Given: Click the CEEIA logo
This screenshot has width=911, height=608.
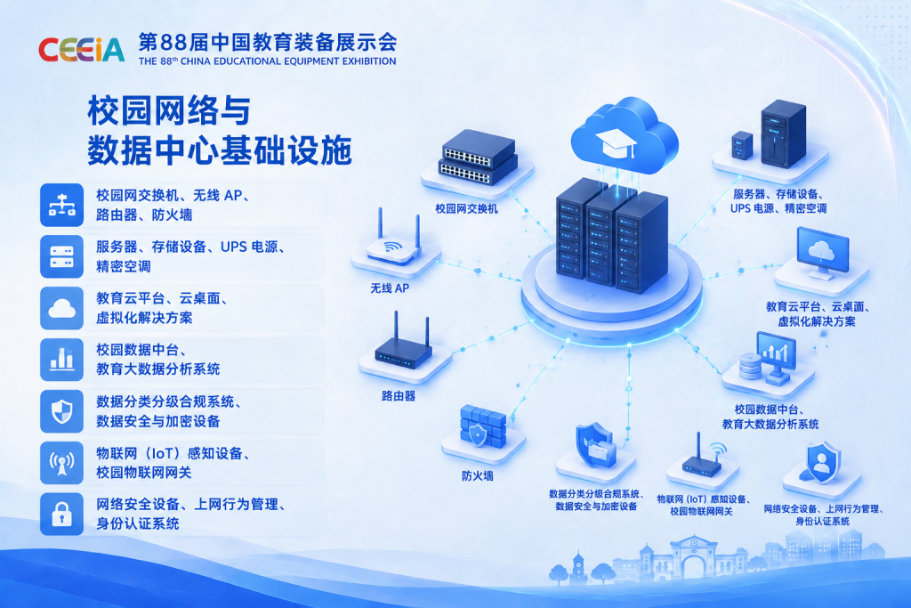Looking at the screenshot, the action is tap(81, 50).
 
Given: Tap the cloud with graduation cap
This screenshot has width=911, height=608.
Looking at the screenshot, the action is tap(625, 135).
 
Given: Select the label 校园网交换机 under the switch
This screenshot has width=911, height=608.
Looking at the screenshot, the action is tap(466, 208).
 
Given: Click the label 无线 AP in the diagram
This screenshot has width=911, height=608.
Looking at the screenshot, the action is tap(390, 288).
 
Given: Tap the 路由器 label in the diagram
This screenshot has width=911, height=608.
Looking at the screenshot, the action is tap(399, 396).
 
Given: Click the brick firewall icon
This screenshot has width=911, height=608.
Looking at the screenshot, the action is tap(483, 426).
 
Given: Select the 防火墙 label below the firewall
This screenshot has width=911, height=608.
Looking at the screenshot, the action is tap(478, 476).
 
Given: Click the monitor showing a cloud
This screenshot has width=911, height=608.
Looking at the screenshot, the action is tap(823, 254).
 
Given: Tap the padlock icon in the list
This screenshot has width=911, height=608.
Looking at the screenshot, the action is tap(61, 515).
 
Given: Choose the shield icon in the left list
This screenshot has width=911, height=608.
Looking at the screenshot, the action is tap(61, 411).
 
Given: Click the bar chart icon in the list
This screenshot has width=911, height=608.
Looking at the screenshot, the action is tap(61, 360).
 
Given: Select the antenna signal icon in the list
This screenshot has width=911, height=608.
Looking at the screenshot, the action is tap(61, 463).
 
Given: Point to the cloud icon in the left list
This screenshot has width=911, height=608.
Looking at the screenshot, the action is tap(61, 308).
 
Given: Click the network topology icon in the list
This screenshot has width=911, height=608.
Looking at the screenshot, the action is tap(61, 205).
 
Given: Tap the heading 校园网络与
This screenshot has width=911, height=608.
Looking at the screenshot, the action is tap(169, 110).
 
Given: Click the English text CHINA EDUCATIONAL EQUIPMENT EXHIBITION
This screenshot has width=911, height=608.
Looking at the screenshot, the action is tap(288, 61).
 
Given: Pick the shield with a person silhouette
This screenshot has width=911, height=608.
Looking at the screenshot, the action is tap(823, 463).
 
